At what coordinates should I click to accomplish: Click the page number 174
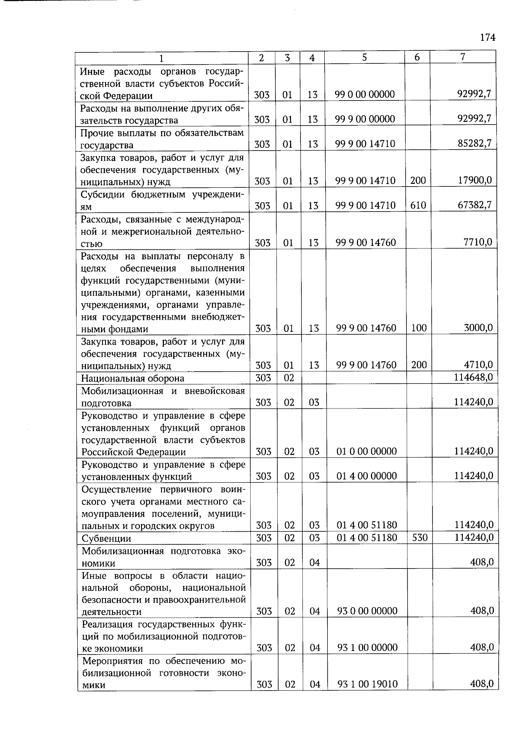click(488, 38)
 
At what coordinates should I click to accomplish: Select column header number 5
click(364, 57)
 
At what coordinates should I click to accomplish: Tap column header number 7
click(463, 57)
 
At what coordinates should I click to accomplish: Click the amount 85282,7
click(475, 143)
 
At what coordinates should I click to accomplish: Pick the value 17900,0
click(475, 180)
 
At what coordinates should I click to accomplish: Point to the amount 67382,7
click(475, 205)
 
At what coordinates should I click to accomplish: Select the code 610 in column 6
click(418, 205)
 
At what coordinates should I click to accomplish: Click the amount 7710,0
click(478, 242)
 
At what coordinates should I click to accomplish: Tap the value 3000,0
click(478, 327)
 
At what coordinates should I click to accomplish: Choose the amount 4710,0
click(478, 364)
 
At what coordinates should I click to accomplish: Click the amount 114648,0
click(473, 377)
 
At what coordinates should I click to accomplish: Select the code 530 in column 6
click(419, 538)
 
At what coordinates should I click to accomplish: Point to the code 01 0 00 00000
click(367, 451)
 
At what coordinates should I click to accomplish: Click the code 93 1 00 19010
click(368, 684)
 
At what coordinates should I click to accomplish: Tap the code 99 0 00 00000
click(365, 94)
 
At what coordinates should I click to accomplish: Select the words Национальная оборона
click(132, 378)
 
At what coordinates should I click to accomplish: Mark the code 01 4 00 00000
click(367, 476)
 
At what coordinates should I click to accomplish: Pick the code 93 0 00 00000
click(367, 611)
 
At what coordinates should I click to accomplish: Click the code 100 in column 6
click(419, 328)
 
